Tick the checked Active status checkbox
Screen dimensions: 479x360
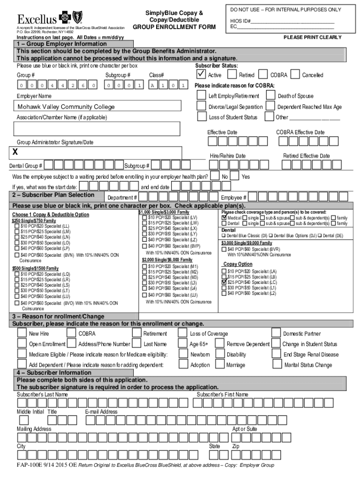201,74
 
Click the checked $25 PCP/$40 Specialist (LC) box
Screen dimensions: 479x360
223,283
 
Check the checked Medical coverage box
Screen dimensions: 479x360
224,218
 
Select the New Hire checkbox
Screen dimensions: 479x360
22,333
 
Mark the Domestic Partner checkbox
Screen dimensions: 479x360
277,333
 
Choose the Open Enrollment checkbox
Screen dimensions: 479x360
22,344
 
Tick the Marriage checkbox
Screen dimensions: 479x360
219,364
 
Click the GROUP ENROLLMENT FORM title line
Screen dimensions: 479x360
174,27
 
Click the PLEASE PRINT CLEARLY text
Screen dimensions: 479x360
312,37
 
